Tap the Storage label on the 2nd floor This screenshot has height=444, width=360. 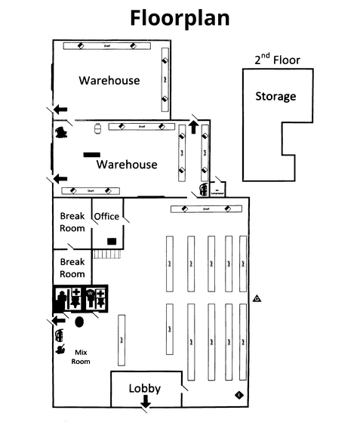275,96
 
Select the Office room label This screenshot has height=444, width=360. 106,217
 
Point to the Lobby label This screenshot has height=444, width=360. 145,388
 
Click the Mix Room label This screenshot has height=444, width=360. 81,356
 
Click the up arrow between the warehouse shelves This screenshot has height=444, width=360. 193,127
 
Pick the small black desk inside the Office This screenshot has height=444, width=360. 112,241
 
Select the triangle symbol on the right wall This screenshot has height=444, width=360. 257,298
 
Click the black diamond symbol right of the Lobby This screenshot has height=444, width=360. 239,393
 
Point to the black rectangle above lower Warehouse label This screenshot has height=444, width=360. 92,154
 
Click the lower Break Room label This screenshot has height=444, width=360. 72,268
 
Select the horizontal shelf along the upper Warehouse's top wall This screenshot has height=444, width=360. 107,46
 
